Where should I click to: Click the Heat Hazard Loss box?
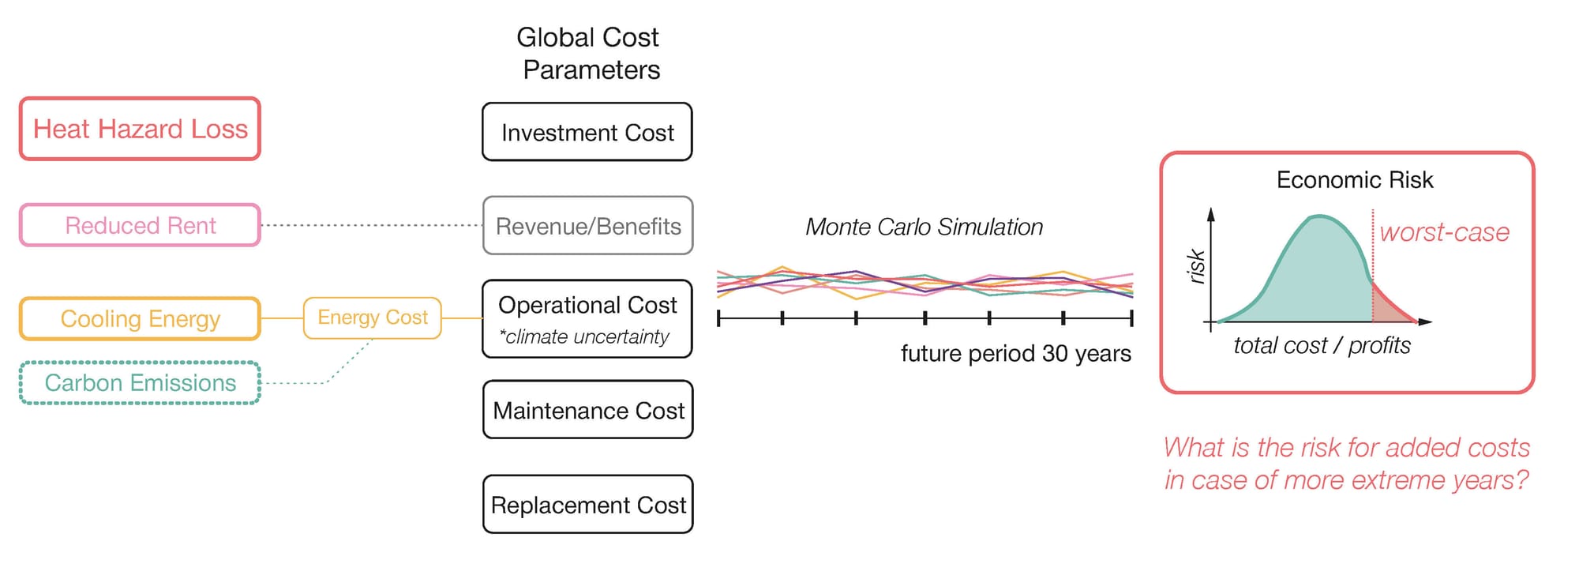140,129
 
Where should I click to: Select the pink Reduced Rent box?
140,226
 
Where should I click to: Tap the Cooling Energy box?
140,319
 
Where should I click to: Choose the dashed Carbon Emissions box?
140,383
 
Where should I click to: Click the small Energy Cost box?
372,318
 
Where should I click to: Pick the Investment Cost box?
587,132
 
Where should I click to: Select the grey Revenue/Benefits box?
587,226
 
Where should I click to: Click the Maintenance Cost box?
587,410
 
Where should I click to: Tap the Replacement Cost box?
587,505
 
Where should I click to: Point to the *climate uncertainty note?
584,337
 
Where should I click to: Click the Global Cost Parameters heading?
589,54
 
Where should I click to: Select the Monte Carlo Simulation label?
924,227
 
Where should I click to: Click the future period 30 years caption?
1015,353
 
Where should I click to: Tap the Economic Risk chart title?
1354,180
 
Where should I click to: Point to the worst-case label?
1444,232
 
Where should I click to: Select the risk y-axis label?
1197,266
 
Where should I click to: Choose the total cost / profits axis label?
1322,345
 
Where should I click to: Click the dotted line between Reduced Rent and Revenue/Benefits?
371,225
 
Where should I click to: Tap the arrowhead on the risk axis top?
1211,213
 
